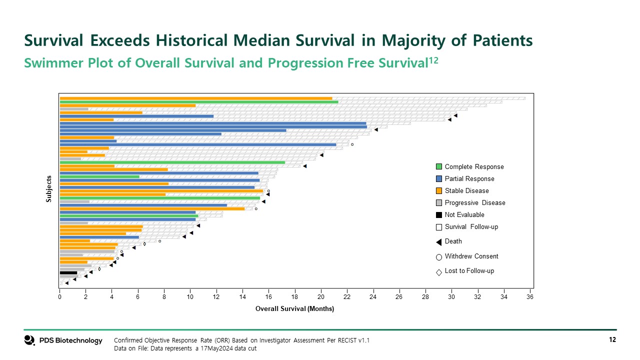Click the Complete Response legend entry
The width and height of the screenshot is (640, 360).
(x=474, y=167)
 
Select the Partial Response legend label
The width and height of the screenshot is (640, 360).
(x=469, y=179)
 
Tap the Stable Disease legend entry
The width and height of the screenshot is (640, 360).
(x=466, y=191)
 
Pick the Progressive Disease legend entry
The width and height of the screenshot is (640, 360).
(x=474, y=203)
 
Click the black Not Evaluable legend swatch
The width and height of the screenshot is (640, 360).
(x=439, y=215)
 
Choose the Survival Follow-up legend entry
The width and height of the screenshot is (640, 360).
(x=471, y=227)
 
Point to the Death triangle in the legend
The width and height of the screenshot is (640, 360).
(x=439, y=242)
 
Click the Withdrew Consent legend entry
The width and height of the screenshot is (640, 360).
(x=471, y=256)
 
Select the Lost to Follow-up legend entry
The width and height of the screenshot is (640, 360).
(x=469, y=271)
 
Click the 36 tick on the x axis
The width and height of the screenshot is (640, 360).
(x=530, y=297)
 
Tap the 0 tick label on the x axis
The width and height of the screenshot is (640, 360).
(x=60, y=297)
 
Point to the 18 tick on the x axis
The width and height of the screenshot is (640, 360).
(x=295, y=297)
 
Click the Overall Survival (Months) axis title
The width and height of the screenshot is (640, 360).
(x=294, y=309)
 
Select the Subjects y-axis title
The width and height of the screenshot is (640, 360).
(x=49, y=188)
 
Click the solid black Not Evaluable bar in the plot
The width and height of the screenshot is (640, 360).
(x=68, y=273)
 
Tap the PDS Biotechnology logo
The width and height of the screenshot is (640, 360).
(x=63, y=340)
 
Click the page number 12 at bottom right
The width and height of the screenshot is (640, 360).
(x=612, y=340)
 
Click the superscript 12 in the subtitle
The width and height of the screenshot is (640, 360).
(x=434, y=60)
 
